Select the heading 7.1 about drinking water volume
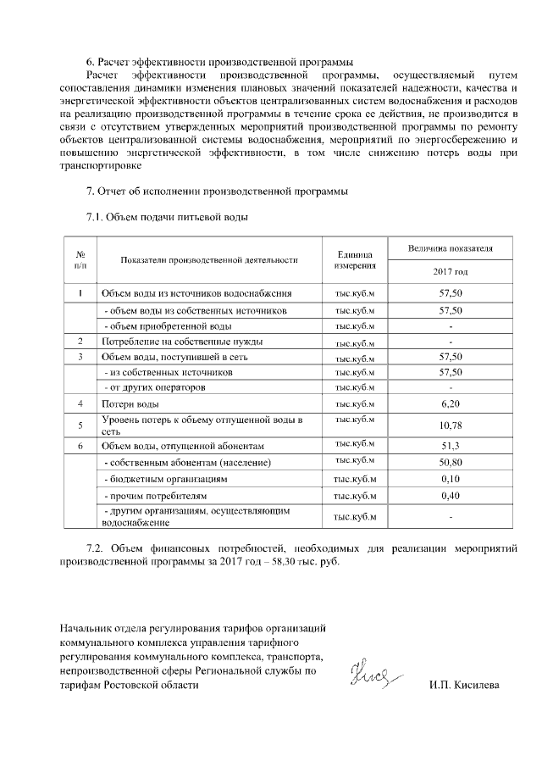pos(167,217)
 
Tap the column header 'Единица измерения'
pos(355,260)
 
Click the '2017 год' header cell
pos(449,272)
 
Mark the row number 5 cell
pos(80,425)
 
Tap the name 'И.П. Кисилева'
pos(464,685)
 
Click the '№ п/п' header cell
pos(80,260)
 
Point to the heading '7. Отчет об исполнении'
pos(217,192)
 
